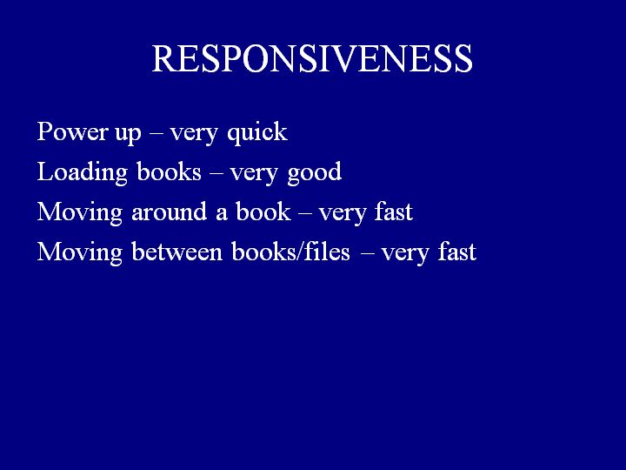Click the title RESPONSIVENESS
pyautogui.click(x=312, y=58)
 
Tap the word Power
pyautogui.click(x=73, y=131)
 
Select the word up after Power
pyautogui.click(x=128, y=134)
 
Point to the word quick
pyautogui.click(x=257, y=132)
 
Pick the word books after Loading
pyautogui.click(x=169, y=171)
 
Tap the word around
pyautogui.click(x=170, y=211)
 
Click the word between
pyautogui.click(x=176, y=252)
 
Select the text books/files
pyautogui.click(x=290, y=252)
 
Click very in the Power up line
pyautogui.click(x=194, y=134)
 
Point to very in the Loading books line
pyautogui.click(x=254, y=175)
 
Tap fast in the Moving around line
pyautogui.click(x=394, y=211)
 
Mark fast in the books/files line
pyautogui.click(x=457, y=252)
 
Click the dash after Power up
pyautogui.click(x=156, y=133)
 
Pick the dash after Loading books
pyautogui.click(x=216, y=174)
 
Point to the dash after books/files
pyautogui.click(x=367, y=254)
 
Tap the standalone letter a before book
pyautogui.click(x=222, y=215)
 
